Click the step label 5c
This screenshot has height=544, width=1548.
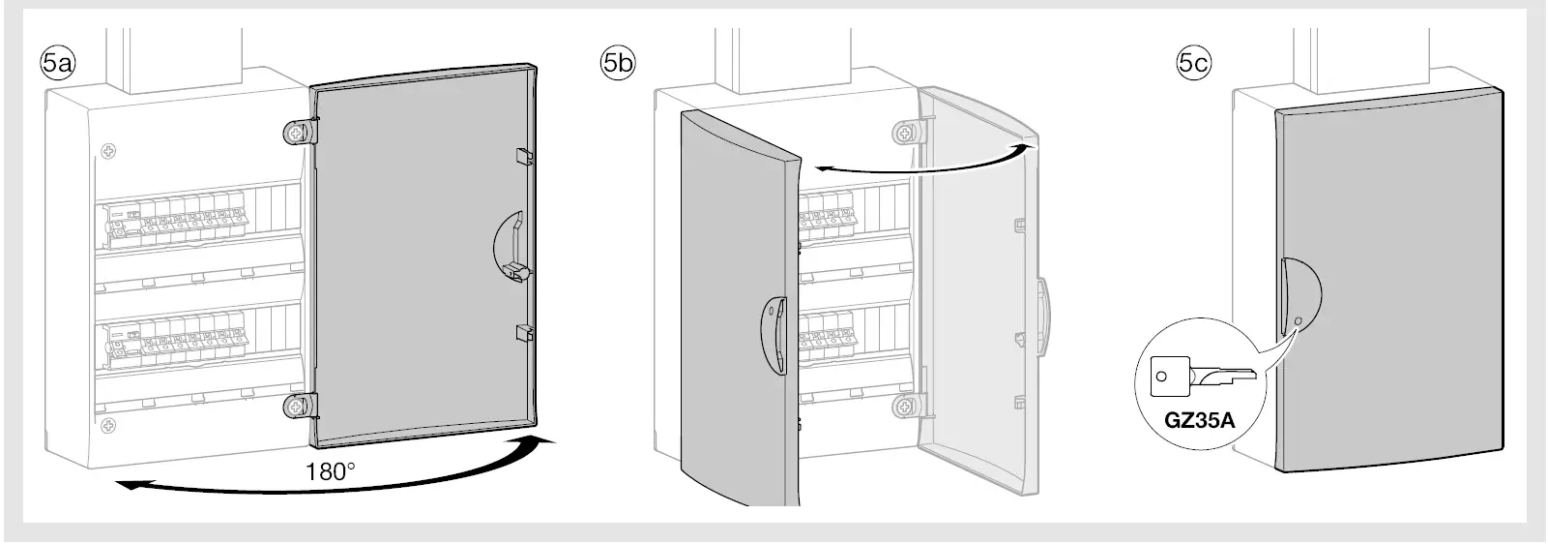(1192, 63)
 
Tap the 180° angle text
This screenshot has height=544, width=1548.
(331, 471)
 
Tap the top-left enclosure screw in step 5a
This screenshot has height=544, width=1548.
(107, 152)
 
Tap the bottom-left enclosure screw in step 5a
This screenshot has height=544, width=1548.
(107, 423)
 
